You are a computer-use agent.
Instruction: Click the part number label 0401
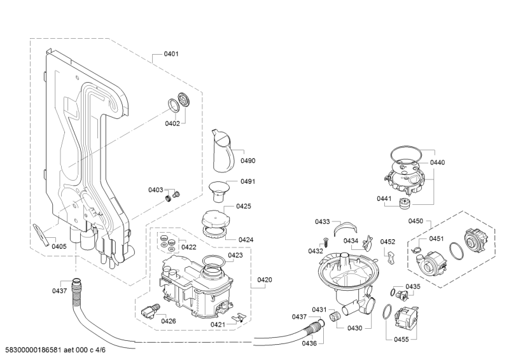[171, 54]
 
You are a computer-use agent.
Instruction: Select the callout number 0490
[248, 161]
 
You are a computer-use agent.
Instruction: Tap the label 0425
[244, 206]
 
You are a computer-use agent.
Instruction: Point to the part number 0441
[384, 198]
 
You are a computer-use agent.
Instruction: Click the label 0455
[401, 340]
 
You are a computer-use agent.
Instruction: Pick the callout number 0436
[309, 343]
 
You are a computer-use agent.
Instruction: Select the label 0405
[59, 246]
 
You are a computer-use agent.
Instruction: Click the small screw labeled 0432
[325, 242]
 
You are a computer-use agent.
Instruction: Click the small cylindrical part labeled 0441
[405, 204]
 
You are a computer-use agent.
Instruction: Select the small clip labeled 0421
[239, 317]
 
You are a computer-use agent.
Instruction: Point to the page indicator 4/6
[101, 350]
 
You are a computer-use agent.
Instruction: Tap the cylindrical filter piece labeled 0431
[335, 315]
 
